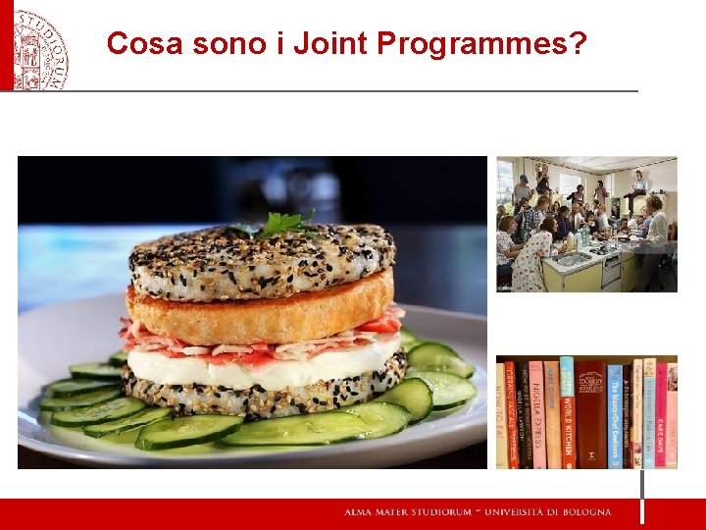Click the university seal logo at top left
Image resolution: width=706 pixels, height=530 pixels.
[x=39, y=46]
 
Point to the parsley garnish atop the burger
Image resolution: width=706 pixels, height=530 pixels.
[x=280, y=224]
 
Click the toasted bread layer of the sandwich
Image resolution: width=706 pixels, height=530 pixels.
[x=260, y=308]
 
